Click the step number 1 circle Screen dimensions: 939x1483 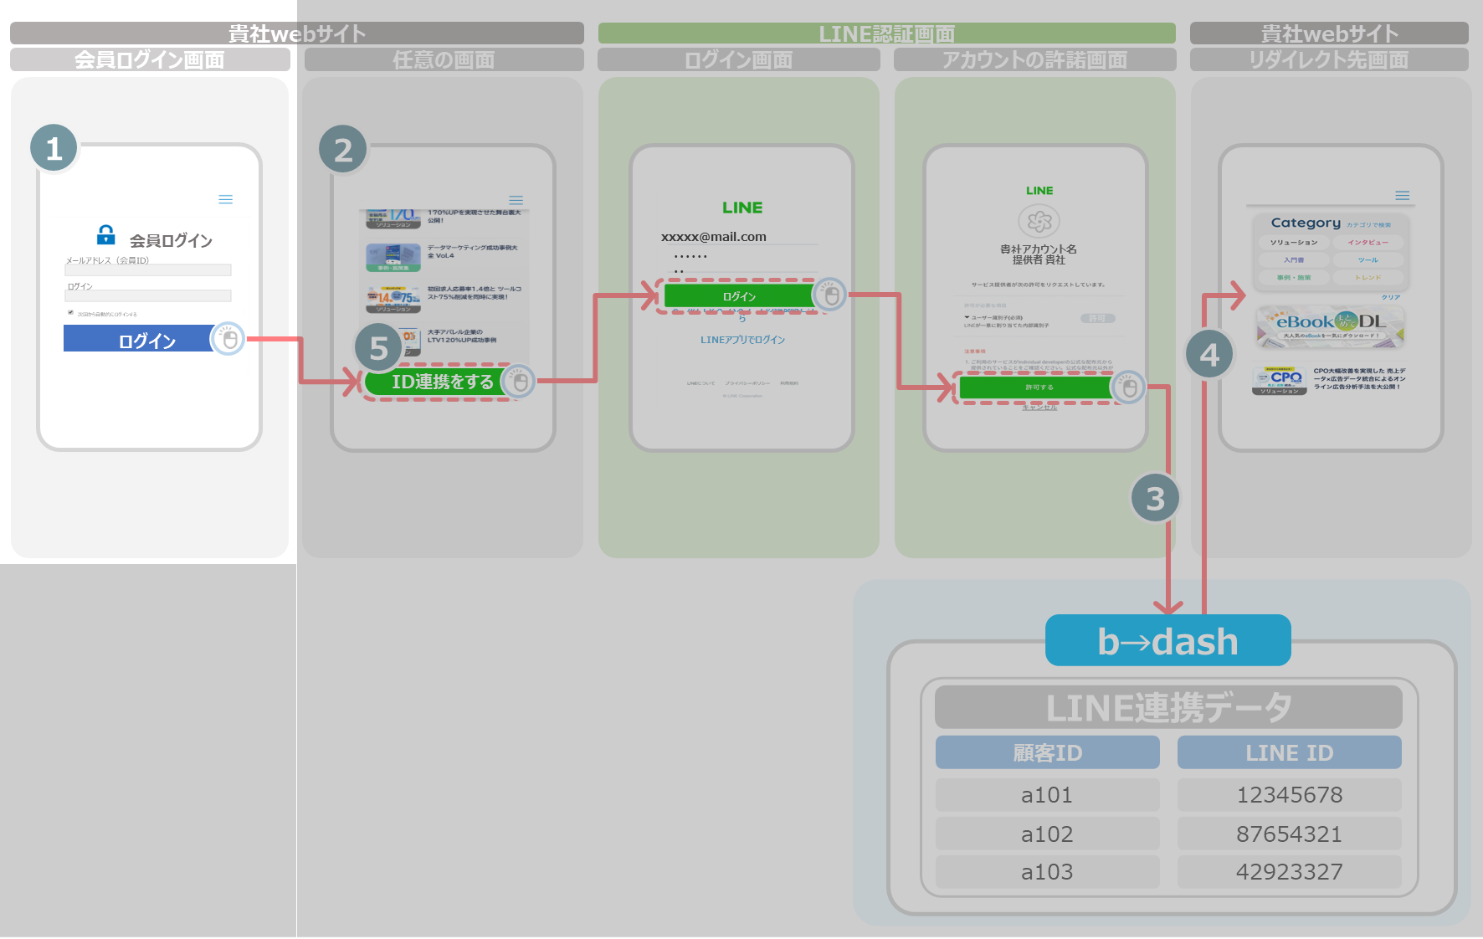point(54,149)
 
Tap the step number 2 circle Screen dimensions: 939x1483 point(343,151)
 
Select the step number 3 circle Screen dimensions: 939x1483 point(1155,499)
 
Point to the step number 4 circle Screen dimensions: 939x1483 point(1209,355)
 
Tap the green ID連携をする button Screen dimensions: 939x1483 point(435,382)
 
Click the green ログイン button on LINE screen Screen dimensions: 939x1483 point(738,296)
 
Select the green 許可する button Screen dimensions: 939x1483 point(1038,387)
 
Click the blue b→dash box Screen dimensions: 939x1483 point(1167,641)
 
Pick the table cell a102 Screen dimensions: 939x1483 point(1047,834)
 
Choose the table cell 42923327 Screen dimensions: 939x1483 point(1289,871)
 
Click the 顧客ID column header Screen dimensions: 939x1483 point(1047,752)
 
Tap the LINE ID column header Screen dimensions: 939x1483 point(1289,752)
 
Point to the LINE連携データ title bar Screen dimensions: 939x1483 point(1168,707)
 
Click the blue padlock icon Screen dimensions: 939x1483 point(106,234)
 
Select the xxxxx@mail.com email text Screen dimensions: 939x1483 point(714,237)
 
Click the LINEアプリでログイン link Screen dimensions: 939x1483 point(742,340)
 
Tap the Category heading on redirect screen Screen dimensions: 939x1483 point(1306,223)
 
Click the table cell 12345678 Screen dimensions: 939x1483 point(1289,794)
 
